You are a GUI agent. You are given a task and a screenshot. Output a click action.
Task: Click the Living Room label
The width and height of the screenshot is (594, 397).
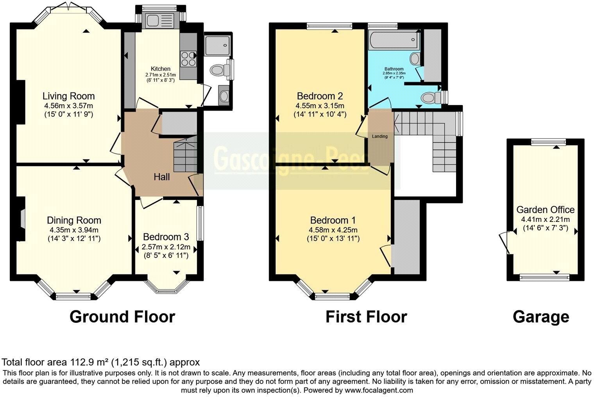[68, 96]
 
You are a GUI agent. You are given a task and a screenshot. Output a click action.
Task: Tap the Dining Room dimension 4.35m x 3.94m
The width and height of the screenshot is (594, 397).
[74, 230]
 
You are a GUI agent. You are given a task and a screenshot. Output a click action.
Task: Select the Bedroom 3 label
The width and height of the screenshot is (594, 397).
[166, 237]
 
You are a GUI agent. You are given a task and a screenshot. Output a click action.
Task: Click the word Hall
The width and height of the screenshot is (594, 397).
[161, 177]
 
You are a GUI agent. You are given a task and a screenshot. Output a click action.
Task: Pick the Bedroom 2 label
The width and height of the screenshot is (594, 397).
[320, 96]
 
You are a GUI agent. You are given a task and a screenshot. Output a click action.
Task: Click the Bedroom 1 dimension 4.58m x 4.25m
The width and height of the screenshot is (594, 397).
[333, 230]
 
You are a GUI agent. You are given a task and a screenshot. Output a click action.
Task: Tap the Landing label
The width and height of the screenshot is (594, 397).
[380, 136]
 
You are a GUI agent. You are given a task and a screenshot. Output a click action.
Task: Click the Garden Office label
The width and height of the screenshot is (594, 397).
[545, 210]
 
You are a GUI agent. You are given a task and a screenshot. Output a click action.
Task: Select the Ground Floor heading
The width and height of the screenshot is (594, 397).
[122, 317]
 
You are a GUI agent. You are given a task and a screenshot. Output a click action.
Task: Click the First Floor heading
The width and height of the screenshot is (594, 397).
[366, 317]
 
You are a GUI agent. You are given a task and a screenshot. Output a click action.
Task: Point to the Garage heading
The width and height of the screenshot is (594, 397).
[541, 317]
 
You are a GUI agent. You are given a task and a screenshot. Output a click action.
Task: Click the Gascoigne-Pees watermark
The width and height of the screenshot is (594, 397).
[291, 158]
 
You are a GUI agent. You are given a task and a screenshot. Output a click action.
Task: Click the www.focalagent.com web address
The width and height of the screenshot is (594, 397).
[379, 390]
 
